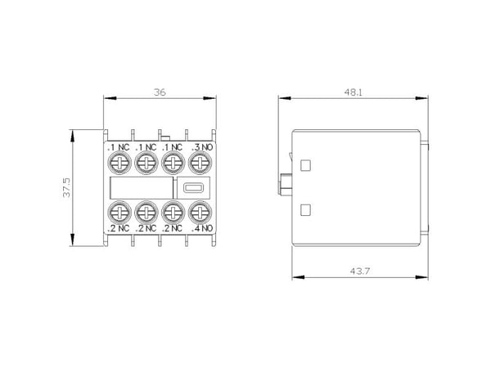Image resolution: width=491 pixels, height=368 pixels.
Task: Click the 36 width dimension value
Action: (x=160, y=92)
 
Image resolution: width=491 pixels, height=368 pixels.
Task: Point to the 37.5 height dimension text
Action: (x=67, y=188)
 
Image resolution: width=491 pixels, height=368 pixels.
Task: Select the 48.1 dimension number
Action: (x=353, y=92)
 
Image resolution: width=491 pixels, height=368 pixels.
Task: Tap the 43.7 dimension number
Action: (x=360, y=271)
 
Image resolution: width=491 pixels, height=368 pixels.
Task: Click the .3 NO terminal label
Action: (x=202, y=147)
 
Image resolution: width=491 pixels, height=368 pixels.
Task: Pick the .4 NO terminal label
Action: (x=202, y=228)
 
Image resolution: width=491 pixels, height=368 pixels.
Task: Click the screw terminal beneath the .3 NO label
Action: (x=200, y=163)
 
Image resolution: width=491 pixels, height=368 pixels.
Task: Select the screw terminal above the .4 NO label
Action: (x=200, y=213)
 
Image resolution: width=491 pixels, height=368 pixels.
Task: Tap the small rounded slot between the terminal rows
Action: (x=193, y=188)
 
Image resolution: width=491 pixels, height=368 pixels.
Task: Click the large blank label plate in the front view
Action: (x=142, y=188)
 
